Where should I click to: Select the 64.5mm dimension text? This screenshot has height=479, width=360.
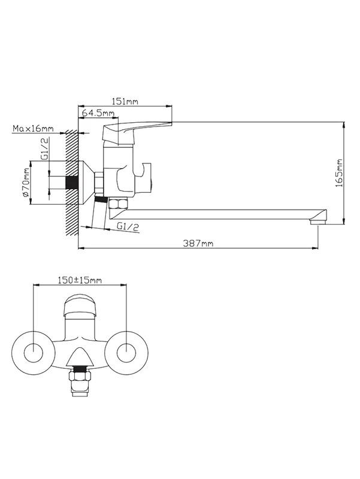click(98, 113)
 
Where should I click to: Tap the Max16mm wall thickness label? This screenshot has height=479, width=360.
click(33, 129)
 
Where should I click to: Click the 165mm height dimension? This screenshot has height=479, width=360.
click(339, 173)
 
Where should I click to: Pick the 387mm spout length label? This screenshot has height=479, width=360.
click(198, 243)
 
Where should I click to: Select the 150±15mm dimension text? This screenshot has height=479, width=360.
click(80, 280)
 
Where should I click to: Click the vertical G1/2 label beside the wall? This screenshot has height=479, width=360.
click(45, 148)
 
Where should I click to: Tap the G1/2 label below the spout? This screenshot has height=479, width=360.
click(128, 226)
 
